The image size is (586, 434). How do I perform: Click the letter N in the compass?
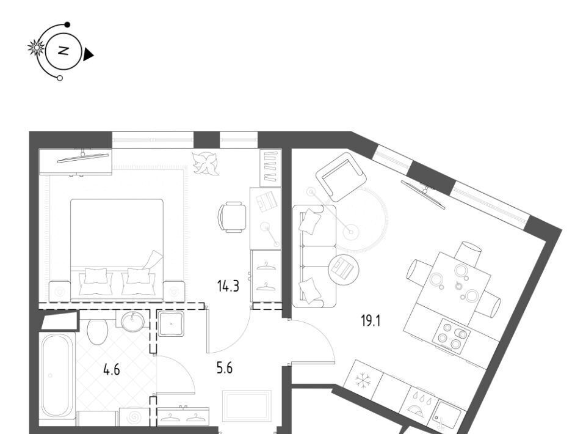(x=63, y=51)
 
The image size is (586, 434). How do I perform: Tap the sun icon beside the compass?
(x=36, y=48)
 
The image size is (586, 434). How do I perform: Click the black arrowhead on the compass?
(x=88, y=54)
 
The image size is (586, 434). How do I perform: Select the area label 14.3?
(x=228, y=287)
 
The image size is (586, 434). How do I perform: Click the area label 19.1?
(x=371, y=321)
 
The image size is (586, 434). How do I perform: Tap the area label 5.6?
(x=224, y=368)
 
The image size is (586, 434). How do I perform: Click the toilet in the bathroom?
(x=98, y=331)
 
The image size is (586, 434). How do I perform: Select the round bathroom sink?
(x=132, y=321)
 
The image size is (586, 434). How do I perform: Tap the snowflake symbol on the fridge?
(x=361, y=380)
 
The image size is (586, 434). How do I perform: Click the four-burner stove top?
(x=452, y=336)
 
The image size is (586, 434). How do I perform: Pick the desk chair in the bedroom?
(x=232, y=218)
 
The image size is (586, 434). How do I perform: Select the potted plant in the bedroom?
(x=205, y=163)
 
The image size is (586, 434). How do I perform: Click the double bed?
(x=117, y=249)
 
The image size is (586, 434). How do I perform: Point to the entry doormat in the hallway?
(x=247, y=406)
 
